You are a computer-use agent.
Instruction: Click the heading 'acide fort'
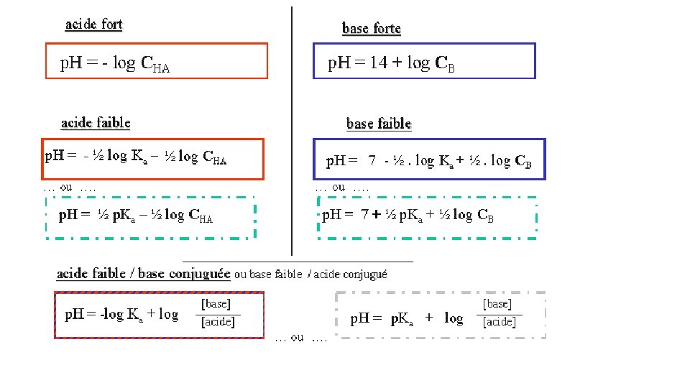pyautogui.click(x=94, y=24)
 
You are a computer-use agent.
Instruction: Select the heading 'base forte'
pyautogui.click(x=372, y=29)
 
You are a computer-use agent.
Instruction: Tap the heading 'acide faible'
pyautogui.click(x=96, y=123)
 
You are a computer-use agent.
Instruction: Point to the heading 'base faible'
pyautogui.click(x=379, y=124)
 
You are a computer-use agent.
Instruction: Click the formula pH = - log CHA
pyautogui.click(x=115, y=64)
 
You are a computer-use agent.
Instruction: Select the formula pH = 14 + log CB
pyautogui.click(x=391, y=63)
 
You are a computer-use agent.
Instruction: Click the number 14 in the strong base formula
pyautogui.click(x=378, y=63)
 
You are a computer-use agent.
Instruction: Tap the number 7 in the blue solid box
pyautogui.click(x=372, y=161)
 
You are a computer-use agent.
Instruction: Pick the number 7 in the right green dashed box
pyautogui.click(x=366, y=214)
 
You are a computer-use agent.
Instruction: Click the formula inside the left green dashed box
pyautogui.click(x=136, y=215)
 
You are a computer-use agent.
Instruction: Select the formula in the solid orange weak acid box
pyautogui.click(x=136, y=157)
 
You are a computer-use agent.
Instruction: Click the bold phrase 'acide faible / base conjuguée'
pyautogui.click(x=144, y=273)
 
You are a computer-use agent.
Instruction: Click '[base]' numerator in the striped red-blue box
pyautogui.click(x=216, y=305)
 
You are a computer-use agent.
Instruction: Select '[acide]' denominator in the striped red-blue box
pyautogui.click(x=217, y=322)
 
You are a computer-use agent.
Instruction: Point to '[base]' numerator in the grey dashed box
pyautogui.click(x=497, y=305)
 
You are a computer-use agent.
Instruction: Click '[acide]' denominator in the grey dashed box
pyautogui.click(x=499, y=322)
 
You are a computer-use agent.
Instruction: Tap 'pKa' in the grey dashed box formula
pyautogui.click(x=402, y=318)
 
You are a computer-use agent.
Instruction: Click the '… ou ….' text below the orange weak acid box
pyautogui.click(x=70, y=188)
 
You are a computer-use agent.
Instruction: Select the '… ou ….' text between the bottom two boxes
pyautogui.click(x=300, y=337)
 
